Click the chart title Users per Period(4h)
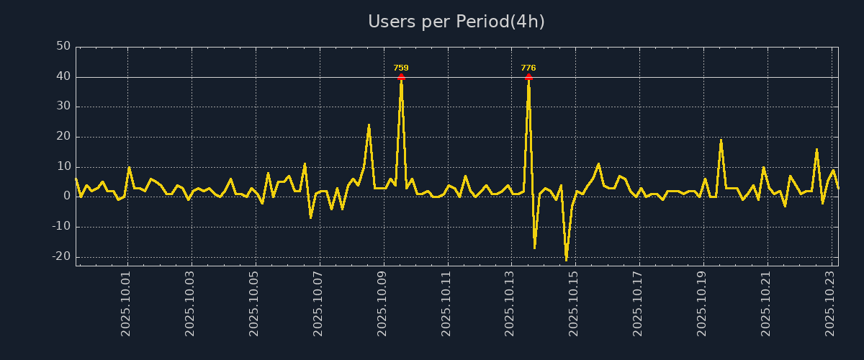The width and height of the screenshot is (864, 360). [456, 22]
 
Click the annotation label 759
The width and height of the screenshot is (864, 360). [401, 68]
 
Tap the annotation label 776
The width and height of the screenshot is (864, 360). [528, 68]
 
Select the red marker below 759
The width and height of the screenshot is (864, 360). [401, 76]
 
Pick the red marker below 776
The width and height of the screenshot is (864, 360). [528, 76]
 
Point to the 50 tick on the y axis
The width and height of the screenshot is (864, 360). [63, 47]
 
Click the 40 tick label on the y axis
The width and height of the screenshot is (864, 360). [63, 76]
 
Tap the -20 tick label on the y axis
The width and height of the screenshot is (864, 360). [61, 256]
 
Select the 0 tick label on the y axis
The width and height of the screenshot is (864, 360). [67, 196]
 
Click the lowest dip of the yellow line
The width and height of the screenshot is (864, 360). [566, 259]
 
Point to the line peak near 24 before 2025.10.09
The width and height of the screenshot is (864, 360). [369, 125]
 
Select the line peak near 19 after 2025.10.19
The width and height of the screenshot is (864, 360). [721, 140]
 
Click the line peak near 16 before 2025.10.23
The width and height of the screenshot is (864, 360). [816, 149]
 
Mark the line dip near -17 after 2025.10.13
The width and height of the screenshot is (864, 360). [534, 248]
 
